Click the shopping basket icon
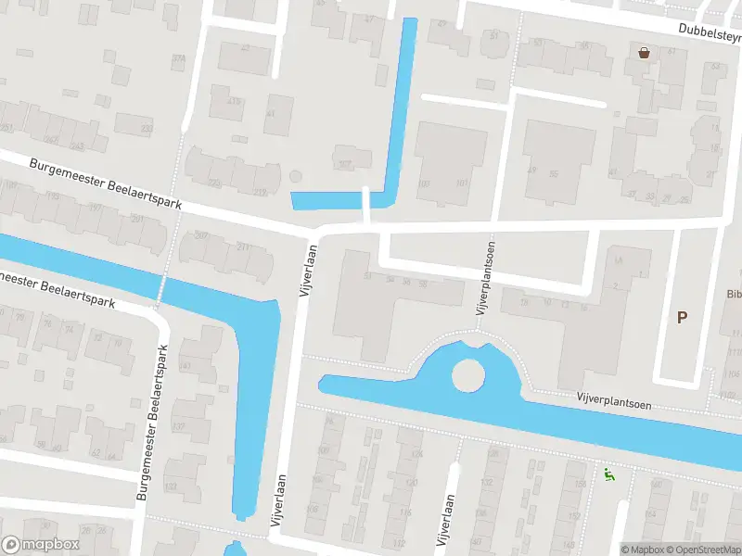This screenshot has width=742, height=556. (x=644, y=53)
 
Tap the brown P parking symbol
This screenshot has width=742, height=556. (x=682, y=318)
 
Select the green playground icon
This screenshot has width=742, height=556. (x=608, y=475)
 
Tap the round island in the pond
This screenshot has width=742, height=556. (x=468, y=375)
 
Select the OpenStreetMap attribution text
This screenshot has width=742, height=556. (x=707, y=550)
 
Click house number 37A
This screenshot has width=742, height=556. (x=178, y=59)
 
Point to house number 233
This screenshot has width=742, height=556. (x=147, y=129)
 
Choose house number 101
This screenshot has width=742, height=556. (x=425, y=183)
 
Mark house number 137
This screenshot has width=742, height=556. (x=184, y=366)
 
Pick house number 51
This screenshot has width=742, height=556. (x=368, y=276)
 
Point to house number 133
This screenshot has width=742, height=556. (x=171, y=486)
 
